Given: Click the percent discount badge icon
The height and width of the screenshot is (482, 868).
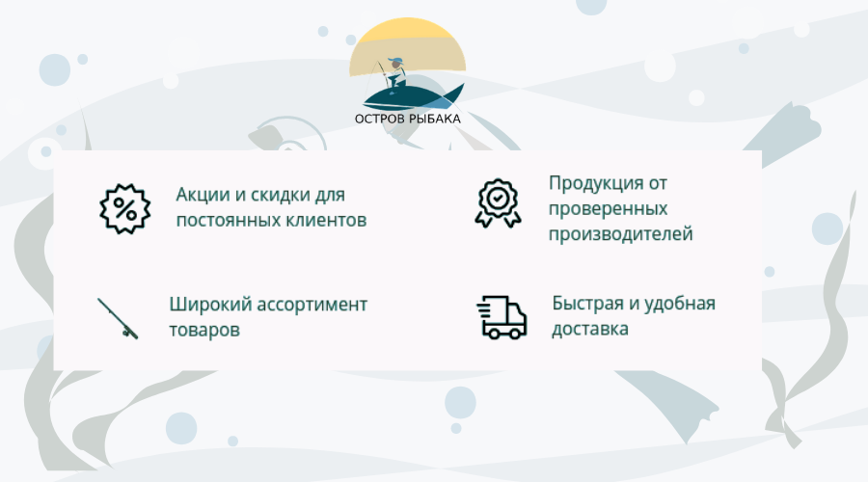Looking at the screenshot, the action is click(125, 208).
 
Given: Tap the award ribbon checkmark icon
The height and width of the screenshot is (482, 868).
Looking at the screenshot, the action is click(498, 203).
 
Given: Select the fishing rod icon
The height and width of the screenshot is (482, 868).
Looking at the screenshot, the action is click(118, 318).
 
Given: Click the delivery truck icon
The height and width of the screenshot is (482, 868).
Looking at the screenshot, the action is click(502, 317).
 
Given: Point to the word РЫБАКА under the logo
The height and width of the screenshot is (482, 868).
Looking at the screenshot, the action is click(435, 119).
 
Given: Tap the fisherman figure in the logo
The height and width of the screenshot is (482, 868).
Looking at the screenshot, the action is click(394, 74).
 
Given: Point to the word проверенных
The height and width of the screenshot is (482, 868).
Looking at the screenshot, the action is click(608, 209).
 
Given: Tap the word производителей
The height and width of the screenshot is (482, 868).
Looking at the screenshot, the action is click(620, 234).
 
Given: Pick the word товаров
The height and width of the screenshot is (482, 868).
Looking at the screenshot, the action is click(204, 331).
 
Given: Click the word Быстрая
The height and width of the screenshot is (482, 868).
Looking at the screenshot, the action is click(588, 304).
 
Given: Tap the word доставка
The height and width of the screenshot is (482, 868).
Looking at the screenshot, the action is click(590, 330).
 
